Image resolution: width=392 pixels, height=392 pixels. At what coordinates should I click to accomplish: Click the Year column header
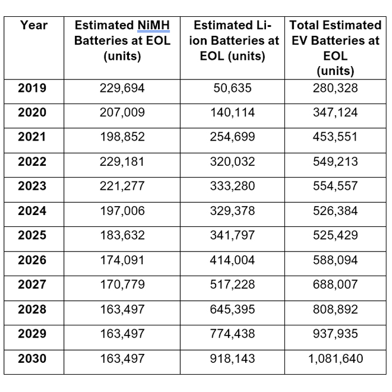pos(34,25)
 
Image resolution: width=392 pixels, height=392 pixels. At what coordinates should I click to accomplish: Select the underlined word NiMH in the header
pos(153,26)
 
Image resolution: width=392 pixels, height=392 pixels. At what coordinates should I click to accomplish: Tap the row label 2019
pos(32,88)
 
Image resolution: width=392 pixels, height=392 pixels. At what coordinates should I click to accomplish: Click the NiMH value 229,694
pos(122,88)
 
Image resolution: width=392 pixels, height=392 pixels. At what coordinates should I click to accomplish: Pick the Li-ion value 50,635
pos(232,88)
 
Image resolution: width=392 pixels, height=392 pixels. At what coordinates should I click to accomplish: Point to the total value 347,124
pos(335,113)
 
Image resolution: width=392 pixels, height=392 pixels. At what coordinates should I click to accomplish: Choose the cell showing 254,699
pos(232,137)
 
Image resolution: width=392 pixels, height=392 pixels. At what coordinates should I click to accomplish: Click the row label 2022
pos(32,161)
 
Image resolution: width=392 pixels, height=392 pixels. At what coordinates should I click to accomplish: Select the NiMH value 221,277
pos(122,186)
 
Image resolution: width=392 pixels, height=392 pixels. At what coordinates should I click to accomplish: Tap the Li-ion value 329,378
pos(232,211)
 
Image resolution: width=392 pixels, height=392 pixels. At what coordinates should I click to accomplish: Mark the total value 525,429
pos(335,236)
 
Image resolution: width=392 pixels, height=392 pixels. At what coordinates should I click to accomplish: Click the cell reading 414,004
pos(232,260)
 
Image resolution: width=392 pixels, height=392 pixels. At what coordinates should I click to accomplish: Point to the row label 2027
pos(32,284)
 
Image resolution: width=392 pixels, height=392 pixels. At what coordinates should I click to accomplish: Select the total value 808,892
pos(335,310)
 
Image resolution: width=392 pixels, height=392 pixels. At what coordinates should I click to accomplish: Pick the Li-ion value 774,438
pos(232,334)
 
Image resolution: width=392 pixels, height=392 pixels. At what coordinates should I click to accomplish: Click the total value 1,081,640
pos(335,359)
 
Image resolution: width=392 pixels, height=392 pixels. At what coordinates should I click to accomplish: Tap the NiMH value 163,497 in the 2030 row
pos(122,359)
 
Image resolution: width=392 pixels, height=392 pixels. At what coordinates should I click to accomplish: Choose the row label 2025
pos(32,235)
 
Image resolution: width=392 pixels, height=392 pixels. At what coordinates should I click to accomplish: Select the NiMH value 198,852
pos(122,137)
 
